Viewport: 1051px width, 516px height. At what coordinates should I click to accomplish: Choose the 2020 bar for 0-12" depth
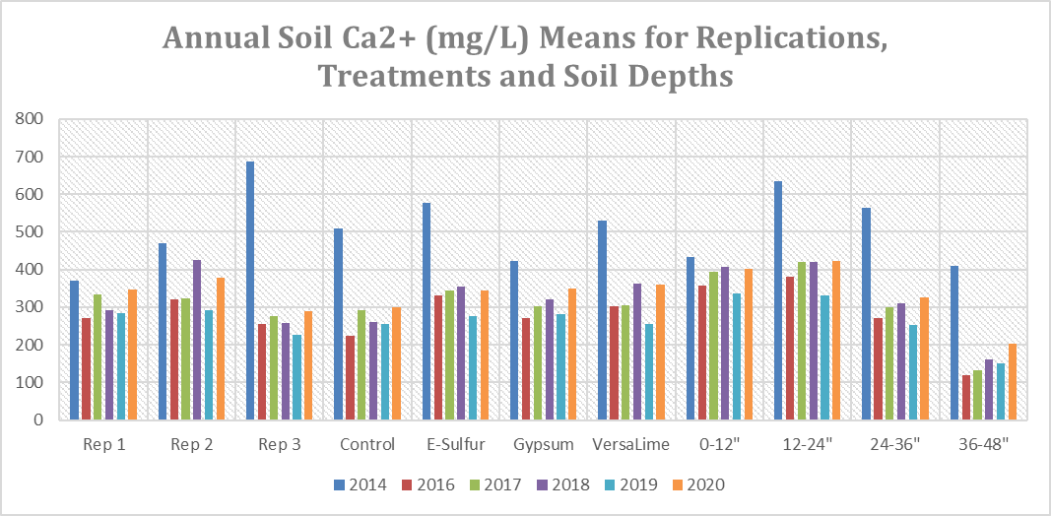749,344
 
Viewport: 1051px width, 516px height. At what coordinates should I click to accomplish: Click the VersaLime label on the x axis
630,444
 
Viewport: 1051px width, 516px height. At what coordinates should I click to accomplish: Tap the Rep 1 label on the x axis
103,444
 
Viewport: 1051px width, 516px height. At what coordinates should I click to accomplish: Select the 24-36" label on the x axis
894,444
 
